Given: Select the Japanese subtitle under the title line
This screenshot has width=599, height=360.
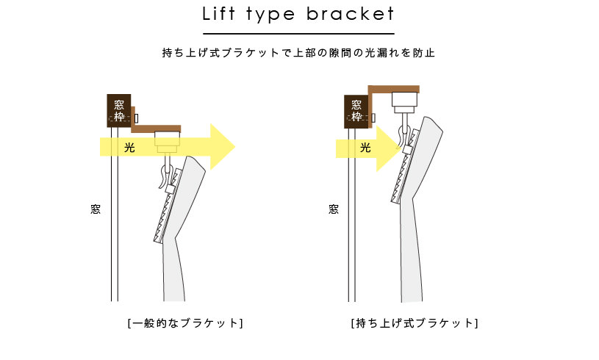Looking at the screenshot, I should (299, 53).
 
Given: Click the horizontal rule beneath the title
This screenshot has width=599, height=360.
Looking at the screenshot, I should (298, 34).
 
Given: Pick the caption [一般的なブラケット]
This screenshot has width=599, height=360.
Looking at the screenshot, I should (184, 323).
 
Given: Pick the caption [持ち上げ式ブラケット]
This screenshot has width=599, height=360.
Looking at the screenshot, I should (415, 323).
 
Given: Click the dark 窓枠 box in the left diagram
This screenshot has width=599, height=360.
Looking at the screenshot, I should (119, 110).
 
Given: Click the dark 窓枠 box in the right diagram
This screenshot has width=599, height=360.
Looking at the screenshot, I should (356, 110).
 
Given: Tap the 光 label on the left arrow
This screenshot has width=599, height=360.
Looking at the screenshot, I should (129, 148).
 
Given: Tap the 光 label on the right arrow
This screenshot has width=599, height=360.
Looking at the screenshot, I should (365, 148).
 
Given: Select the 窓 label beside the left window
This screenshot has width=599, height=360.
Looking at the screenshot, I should (95, 209).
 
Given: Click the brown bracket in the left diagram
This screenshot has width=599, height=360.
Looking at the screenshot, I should (156, 129).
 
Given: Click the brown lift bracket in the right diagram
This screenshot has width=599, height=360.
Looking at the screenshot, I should (393, 88).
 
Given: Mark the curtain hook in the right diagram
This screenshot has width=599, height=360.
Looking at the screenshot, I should (403, 133).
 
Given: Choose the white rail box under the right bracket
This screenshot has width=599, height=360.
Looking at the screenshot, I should (404, 99).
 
